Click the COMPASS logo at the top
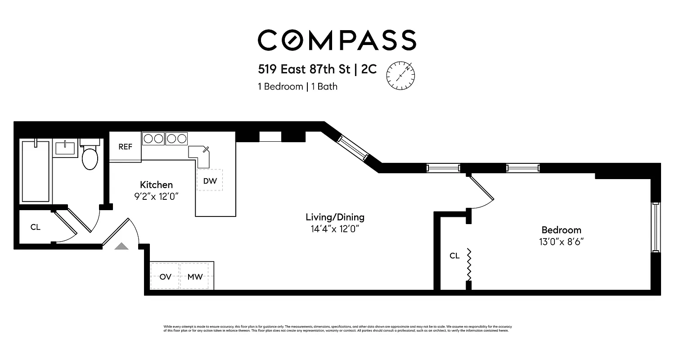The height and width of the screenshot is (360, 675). (x=337, y=40)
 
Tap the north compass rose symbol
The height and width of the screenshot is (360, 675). (x=400, y=75)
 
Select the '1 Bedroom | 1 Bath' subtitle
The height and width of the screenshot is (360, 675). (x=297, y=86)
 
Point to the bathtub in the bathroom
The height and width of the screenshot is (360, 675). (x=36, y=171)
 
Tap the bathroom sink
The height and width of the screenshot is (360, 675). (x=65, y=148)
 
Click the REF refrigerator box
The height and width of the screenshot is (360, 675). (x=125, y=147)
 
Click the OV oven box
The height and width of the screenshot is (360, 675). (x=166, y=276)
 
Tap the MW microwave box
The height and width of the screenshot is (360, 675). (x=195, y=276)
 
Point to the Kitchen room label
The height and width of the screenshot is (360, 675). (x=156, y=184)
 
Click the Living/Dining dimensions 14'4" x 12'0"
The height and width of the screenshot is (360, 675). (x=335, y=229)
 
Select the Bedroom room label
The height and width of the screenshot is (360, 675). (x=561, y=229)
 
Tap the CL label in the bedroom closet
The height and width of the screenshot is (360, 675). (x=454, y=256)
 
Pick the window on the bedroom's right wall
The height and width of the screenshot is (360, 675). (x=656, y=227)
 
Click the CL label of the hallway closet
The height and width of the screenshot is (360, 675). (x=35, y=227)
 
